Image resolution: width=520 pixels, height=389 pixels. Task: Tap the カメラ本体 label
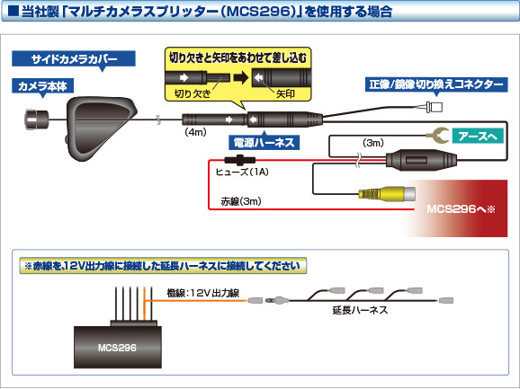pos(48,87)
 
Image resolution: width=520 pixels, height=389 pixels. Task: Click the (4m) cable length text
pos(196,132)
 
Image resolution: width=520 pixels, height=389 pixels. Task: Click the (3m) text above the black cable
pos(372,142)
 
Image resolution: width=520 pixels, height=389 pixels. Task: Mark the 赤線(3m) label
pos(240,202)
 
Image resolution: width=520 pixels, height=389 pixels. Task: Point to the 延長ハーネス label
pos(360,309)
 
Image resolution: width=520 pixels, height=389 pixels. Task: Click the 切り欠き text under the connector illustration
pos(191,93)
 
